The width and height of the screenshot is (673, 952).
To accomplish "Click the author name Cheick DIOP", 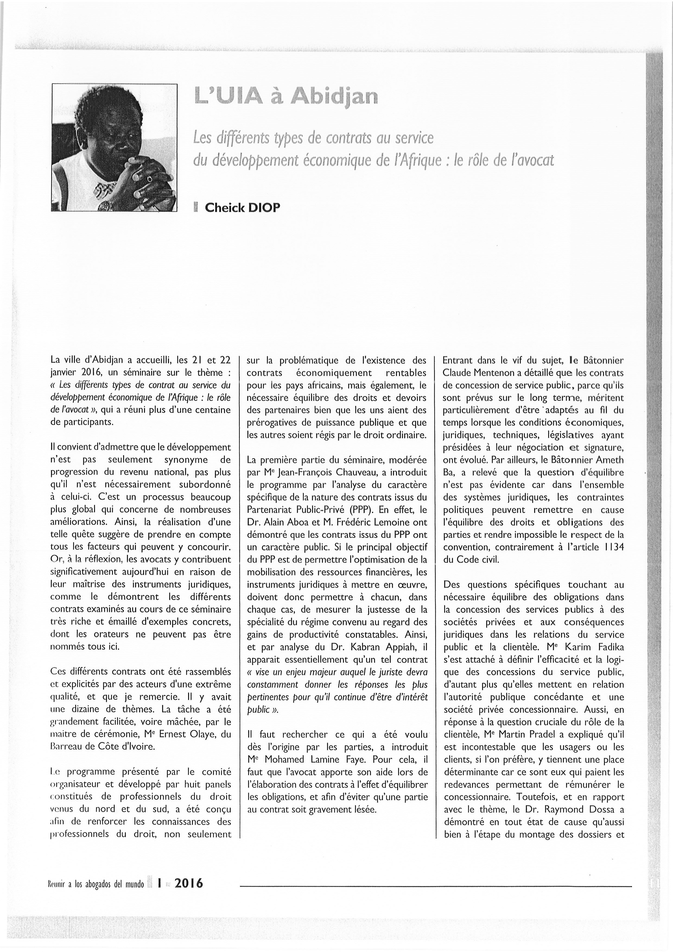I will (242, 207).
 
